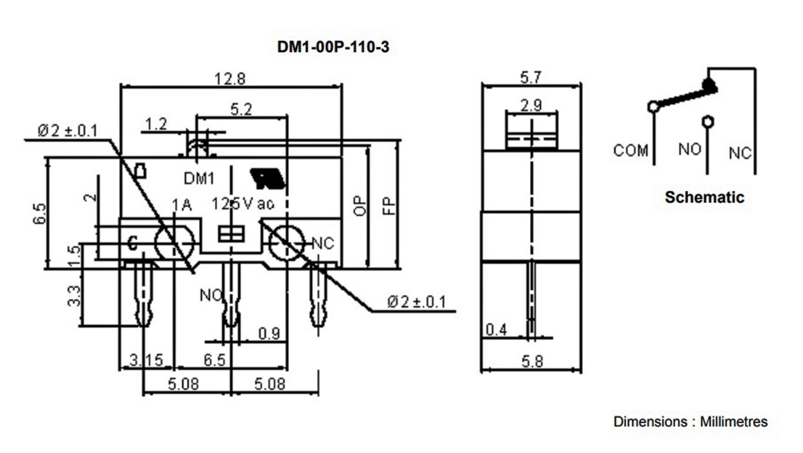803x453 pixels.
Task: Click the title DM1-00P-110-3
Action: (333, 47)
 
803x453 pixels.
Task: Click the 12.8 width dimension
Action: (230, 79)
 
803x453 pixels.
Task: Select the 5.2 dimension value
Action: (241, 109)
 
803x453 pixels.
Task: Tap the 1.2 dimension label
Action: (156, 124)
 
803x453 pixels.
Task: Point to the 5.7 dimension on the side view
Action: (530, 78)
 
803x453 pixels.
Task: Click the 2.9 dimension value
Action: (531, 105)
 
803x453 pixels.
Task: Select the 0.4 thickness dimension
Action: (496, 330)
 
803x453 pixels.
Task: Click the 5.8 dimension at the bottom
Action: (531, 361)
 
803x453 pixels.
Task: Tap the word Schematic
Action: (704, 197)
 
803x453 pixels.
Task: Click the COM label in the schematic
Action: (630, 150)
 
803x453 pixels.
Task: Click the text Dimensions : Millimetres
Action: (690, 421)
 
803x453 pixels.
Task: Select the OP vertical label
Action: (360, 206)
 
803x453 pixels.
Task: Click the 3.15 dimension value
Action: (146, 360)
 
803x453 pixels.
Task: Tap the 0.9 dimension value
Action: (269, 333)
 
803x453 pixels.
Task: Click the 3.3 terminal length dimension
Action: (74, 296)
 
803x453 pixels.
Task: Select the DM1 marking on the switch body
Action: (199, 178)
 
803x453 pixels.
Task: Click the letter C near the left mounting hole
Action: (132, 244)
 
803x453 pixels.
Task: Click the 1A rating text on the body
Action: (182, 204)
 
